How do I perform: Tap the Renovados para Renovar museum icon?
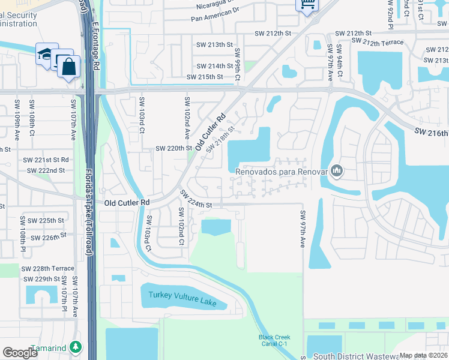pos(336,172)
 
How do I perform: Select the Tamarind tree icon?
pos(76,347)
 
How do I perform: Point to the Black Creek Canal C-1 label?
pos(274,341)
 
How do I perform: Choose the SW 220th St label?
pos(173,148)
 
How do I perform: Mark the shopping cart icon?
pos(307,5)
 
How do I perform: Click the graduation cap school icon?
pos(46,53)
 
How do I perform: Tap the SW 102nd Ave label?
pos(187,116)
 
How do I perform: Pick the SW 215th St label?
pos(205,77)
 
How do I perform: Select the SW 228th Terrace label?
pos(48,268)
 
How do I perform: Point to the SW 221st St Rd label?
pos(46,160)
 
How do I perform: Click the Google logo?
pos(20,353)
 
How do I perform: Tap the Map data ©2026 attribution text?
pos(423,355)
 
